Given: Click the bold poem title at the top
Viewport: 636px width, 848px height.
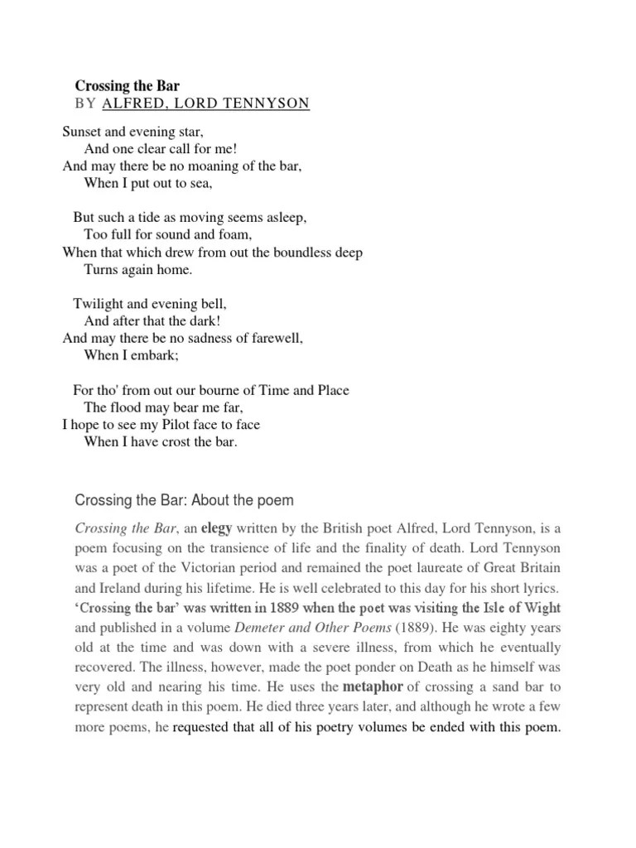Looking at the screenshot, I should point(128,85).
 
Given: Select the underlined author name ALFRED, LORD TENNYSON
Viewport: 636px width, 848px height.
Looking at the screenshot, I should point(206,104).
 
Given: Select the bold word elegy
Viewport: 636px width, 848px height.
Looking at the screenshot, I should point(217,528).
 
